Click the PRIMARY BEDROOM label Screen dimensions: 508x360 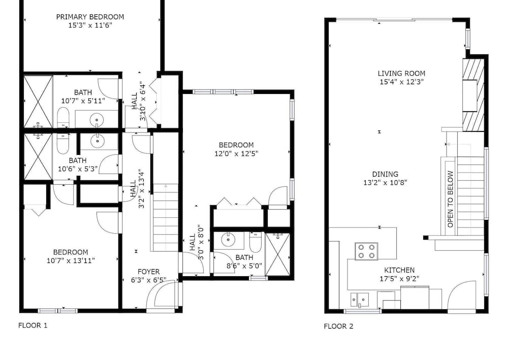[90, 17]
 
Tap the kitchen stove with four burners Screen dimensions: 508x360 [366, 251]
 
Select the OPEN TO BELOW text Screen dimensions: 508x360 [450, 199]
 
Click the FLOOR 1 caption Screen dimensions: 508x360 [33, 325]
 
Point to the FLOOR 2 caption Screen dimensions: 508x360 [338, 326]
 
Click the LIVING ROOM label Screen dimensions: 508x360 [401, 74]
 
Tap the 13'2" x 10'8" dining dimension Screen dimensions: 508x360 [385, 183]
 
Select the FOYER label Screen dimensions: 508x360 [149, 272]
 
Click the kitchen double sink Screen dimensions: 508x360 [360, 300]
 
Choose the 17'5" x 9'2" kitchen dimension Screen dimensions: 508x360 [399, 279]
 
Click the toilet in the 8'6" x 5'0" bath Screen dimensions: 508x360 [256, 242]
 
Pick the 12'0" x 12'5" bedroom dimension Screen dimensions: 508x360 [236, 153]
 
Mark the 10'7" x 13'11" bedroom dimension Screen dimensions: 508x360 [71, 260]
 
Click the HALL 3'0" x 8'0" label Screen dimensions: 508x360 [197, 242]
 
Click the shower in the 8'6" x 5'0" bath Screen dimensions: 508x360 [278, 254]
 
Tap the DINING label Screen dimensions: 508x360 [385, 174]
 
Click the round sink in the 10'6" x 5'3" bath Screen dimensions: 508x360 [97, 141]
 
